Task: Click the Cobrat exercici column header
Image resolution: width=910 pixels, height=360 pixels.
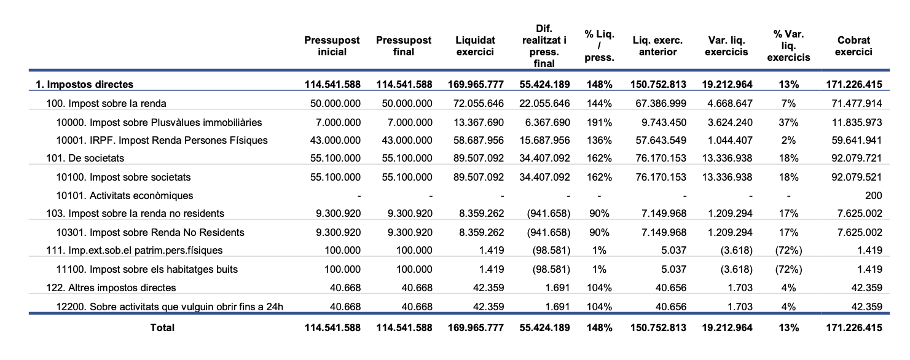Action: (854, 46)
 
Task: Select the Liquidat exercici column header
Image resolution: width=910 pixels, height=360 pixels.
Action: (474, 46)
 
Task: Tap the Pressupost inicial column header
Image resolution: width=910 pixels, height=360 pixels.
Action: (332, 46)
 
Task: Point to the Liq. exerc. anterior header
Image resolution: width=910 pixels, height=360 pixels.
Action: (657, 46)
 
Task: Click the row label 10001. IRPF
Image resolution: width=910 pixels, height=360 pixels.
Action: (162, 140)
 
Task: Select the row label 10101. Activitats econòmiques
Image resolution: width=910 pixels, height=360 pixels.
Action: (124, 195)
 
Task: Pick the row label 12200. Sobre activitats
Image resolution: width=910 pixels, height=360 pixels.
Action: (173, 306)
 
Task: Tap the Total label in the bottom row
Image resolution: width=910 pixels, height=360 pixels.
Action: (162, 327)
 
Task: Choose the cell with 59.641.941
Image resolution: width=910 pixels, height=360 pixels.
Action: (855, 140)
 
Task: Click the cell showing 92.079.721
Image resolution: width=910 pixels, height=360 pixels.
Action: (855, 158)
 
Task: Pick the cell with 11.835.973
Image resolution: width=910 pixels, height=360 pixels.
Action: (855, 122)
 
